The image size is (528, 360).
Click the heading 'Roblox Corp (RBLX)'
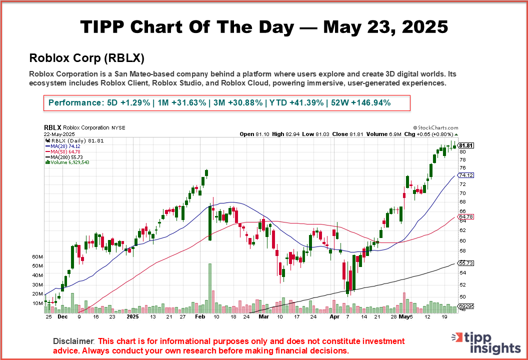click(x=87, y=57)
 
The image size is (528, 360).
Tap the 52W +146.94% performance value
click(x=359, y=103)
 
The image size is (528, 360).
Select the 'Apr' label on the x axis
click(x=334, y=317)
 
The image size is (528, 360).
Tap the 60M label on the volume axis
click(x=38, y=257)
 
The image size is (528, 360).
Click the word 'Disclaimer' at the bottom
click(x=73, y=341)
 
